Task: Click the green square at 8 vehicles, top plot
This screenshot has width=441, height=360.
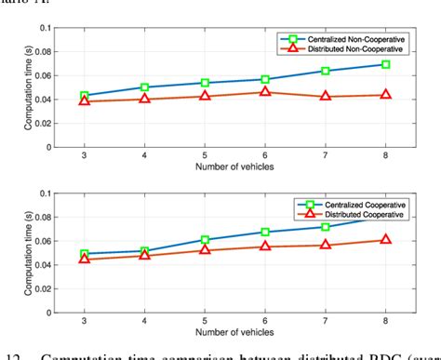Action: point(385,64)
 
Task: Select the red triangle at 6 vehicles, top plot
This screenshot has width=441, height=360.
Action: point(265,91)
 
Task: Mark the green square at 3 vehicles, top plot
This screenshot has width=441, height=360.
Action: point(85,96)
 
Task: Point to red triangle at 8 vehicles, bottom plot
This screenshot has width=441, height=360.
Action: point(385,239)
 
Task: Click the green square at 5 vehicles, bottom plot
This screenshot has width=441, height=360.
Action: point(205,240)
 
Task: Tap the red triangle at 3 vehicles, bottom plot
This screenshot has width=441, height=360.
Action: point(85,259)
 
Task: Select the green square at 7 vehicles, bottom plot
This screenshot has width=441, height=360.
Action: point(326,227)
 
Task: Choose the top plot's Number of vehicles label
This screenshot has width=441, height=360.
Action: point(234,167)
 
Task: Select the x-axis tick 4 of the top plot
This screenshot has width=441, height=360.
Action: point(144,155)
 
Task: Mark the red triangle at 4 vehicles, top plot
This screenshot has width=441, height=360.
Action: point(144,99)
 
